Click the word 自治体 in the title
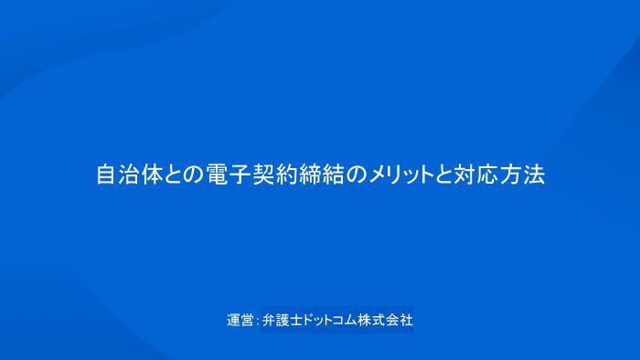coord(128,175)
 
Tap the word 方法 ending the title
coord(522,175)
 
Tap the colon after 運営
coord(256,322)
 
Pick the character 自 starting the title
coord(106,175)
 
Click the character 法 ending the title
coord(534,175)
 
